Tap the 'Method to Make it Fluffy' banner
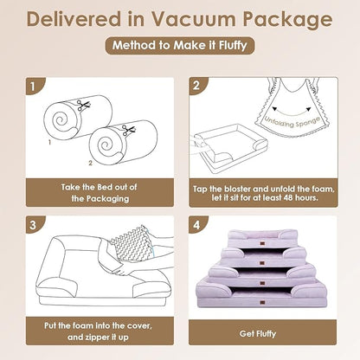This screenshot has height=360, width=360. pyautogui.click(x=179, y=47)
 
